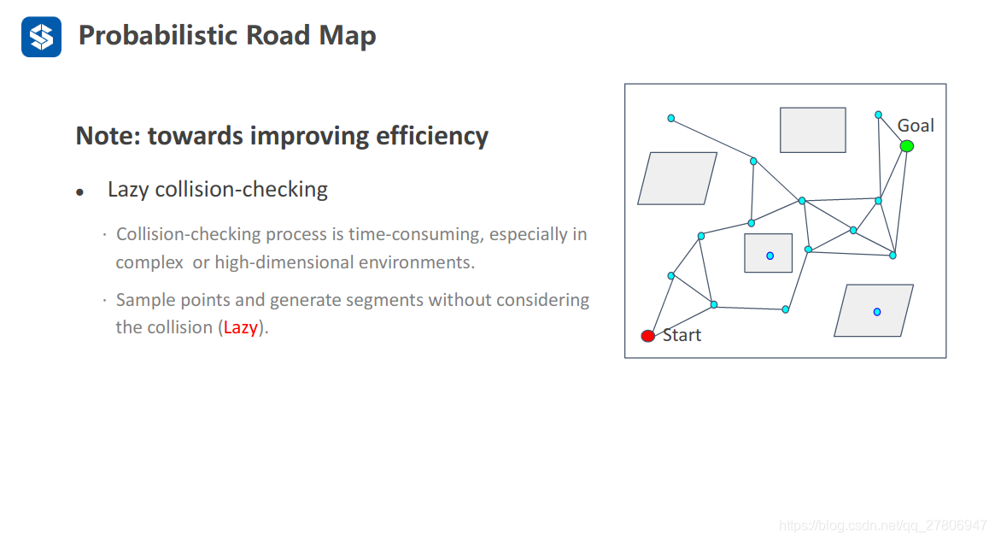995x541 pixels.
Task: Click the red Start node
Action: coord(648,336)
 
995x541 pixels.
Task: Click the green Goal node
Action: coord(907,146)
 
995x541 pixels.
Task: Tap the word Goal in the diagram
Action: coord(916,126)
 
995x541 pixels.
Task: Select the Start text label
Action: coord(682,335)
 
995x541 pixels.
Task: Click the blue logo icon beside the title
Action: coord(41,37)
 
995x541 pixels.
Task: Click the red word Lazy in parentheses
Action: coord(240,327)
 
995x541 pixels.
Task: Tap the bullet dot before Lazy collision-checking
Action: coord(79,192)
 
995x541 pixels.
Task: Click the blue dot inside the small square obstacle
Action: coord(770,256)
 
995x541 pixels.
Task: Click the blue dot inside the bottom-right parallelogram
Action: coord(876,312)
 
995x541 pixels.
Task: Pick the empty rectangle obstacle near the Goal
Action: coord(812,130)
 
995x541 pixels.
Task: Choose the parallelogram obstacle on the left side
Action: coord(677,178)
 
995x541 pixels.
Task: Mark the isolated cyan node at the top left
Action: coord(671,118)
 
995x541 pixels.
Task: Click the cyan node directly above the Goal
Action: coord(878,115)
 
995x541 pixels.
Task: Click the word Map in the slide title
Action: coord(348,36)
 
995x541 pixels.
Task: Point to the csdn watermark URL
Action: coord(882,525)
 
